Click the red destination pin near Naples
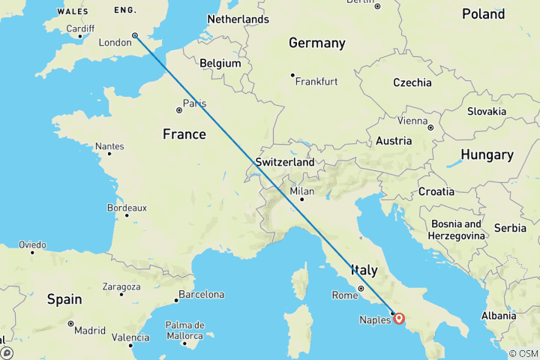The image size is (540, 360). click(x=399, y=318)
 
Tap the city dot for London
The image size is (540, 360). click(x=135, y=35)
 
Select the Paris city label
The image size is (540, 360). click(x=195, y=103)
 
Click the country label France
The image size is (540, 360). click(x=184, y=134)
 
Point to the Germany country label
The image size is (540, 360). click(x=317, y=43)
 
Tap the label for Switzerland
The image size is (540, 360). click(x=285, y=162)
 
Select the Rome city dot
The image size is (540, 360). click(x=360, y=288)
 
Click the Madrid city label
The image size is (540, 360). click(x=89, y=331)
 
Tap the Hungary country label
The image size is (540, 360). click(x=487, y=155)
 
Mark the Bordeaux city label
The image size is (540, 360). click(x=127, y=208)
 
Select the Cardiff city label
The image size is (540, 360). click(x=80, y=29)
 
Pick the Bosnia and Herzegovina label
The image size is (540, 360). click(x=457, y=229)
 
